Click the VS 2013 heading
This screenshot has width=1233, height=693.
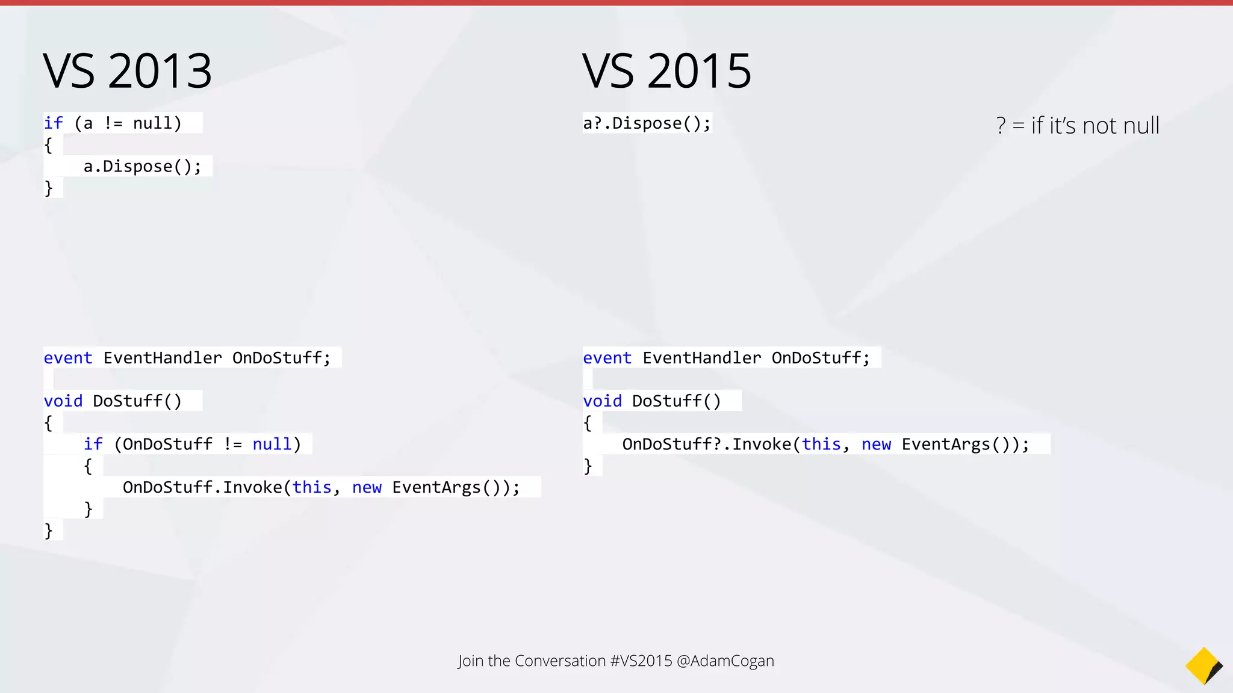(x=128, y=71)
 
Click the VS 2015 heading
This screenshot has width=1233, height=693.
(x=666, y=71)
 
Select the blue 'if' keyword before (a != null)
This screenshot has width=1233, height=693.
(x=53, y=123)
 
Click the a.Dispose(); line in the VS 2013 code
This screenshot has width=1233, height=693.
(x=142, y=167)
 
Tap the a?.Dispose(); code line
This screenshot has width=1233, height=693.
(x=647, y=123)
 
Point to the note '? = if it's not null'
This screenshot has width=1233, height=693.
(x=1077, y=126)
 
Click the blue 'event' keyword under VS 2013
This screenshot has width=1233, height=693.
(x=68, y=358)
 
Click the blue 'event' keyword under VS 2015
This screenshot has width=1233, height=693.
(x=607, y=358)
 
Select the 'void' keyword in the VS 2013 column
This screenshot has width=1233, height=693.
(x=63, y=401)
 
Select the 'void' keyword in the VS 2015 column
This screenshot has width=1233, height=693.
(x=602, y=401)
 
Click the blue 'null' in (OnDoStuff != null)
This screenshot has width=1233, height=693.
(x=272, y=445)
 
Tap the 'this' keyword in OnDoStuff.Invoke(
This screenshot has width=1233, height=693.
(x=312, y=487)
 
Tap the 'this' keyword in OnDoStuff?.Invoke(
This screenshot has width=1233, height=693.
(x=821, y=445)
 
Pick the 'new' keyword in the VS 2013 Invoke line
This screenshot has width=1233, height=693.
(x=367, y=487)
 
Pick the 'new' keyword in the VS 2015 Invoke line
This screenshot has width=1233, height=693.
(x=876, y=445)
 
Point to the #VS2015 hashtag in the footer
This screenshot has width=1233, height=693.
(x=641, y=661)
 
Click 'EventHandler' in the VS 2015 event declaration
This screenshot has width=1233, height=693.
(x=701, y=358)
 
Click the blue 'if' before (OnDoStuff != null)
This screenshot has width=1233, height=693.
(x=93, y=445)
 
